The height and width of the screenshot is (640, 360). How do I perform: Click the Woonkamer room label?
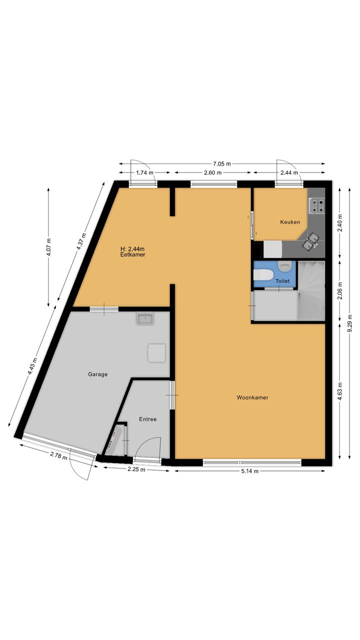pyautogui.click(x=252, y=397)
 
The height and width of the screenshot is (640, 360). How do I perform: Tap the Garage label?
pyautogui.click(x=97, y=374)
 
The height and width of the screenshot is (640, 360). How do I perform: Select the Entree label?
pyautogui.click(x=147, y=419)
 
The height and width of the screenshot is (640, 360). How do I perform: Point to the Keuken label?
pyautogui.click(x=290, y=222)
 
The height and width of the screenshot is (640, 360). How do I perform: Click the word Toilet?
pyautogui.click(x=282, y=281)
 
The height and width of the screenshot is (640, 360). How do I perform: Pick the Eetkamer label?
pyautogui.click(x=133, y=254)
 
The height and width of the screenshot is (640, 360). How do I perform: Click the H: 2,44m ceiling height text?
pyautogui.click(x=132, y=249)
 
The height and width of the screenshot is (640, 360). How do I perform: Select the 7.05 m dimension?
pyautogui.click(x=221, y=164)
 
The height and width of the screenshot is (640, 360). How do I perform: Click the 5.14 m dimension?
pyautogui.click(x=249, y=471)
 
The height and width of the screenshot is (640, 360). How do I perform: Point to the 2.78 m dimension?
pyautogui.click(x=58, y=455)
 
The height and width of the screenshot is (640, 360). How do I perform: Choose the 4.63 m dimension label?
pyautogui.click(x=340, y=391)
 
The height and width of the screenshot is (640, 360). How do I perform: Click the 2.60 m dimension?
pyautogui.click(x=213, y=172)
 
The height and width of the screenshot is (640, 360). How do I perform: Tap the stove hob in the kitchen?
pyautogui.click(x=316, y=205)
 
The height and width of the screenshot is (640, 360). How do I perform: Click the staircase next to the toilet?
pyautogui.click(x=311, y=290)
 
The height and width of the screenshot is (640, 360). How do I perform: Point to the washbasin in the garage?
pyautogui.click(x=145, y=318)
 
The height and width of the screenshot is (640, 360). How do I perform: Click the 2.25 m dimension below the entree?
pyautogui.click(x=136, y=469)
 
